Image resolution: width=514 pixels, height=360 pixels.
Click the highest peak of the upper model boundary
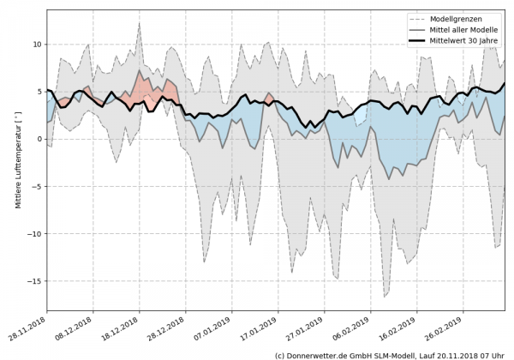tap(140, 22)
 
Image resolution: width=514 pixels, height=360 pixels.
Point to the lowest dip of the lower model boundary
tap(385, 297)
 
